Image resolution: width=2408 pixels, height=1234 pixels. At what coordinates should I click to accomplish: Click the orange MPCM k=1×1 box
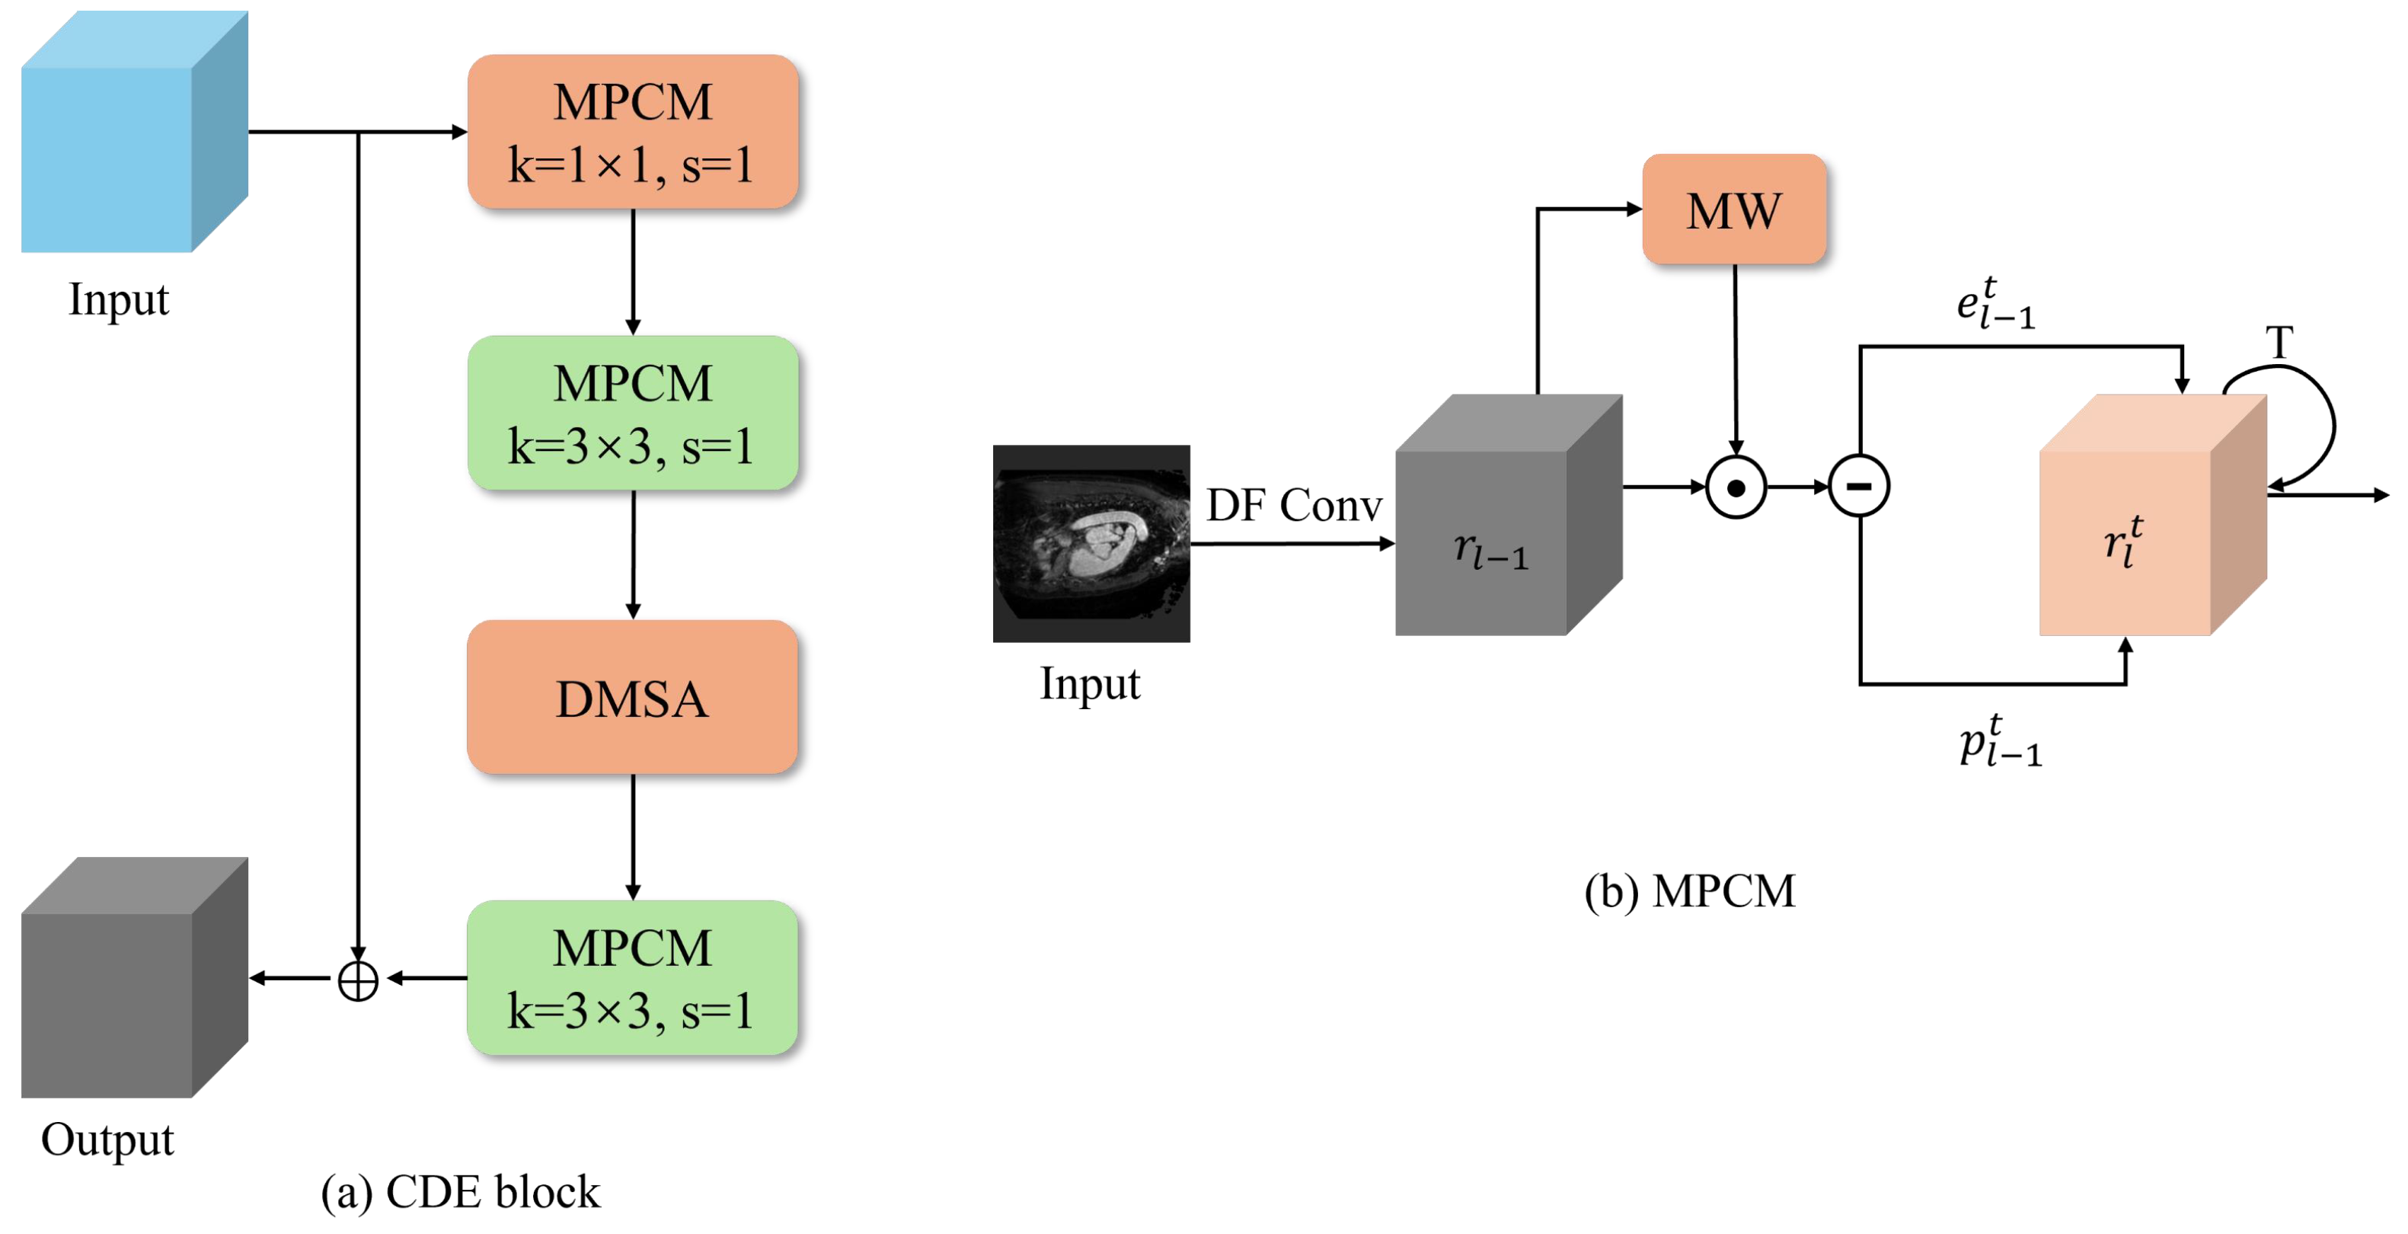click(x=633, y=132)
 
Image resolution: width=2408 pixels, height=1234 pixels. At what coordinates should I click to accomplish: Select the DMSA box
click(x=633, y=698)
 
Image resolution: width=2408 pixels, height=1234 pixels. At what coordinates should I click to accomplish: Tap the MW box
click(x=1734, y=209)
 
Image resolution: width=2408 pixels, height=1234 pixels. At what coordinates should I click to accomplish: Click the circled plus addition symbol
click(x=358, y=980)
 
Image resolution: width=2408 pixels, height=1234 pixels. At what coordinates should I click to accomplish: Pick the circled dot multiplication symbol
click(x=1736, y=487)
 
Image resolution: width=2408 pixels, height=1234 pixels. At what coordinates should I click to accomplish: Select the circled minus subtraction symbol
click(x=1859, y=486)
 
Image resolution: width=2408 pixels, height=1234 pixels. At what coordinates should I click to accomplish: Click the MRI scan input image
click(x=1091, y=543)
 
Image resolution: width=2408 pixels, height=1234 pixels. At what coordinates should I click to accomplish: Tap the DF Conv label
click(x=1294, y=506)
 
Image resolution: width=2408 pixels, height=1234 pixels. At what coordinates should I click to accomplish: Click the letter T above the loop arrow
click(x=2279, y=342)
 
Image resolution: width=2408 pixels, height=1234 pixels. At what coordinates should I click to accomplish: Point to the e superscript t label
click(x=1994, y=303)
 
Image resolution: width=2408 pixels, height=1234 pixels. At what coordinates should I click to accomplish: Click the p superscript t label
click(x=2000, y=741)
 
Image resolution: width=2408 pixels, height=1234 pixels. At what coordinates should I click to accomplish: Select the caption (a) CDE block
click(x=460, y=1192)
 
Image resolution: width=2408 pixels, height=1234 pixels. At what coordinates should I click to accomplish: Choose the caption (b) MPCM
click(x=1689, y=891)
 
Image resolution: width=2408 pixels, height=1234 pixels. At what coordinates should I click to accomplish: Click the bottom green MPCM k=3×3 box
click(x=633, y=978)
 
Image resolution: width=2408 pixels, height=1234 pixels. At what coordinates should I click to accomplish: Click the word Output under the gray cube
click(x=107, y=1140)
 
